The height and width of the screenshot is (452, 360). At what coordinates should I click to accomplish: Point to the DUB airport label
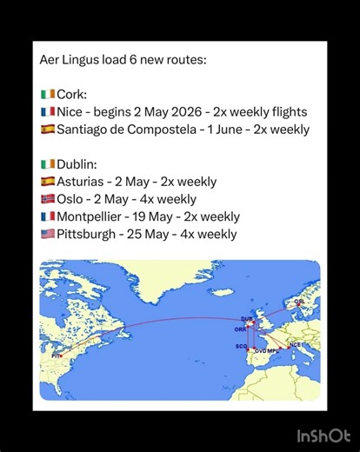point(247,319)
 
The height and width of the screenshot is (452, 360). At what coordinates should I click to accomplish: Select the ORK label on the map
point(239,329)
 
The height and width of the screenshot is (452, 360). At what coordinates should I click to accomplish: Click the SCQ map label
point(242,346)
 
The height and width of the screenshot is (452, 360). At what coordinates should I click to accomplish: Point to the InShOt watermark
point(323,435)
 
